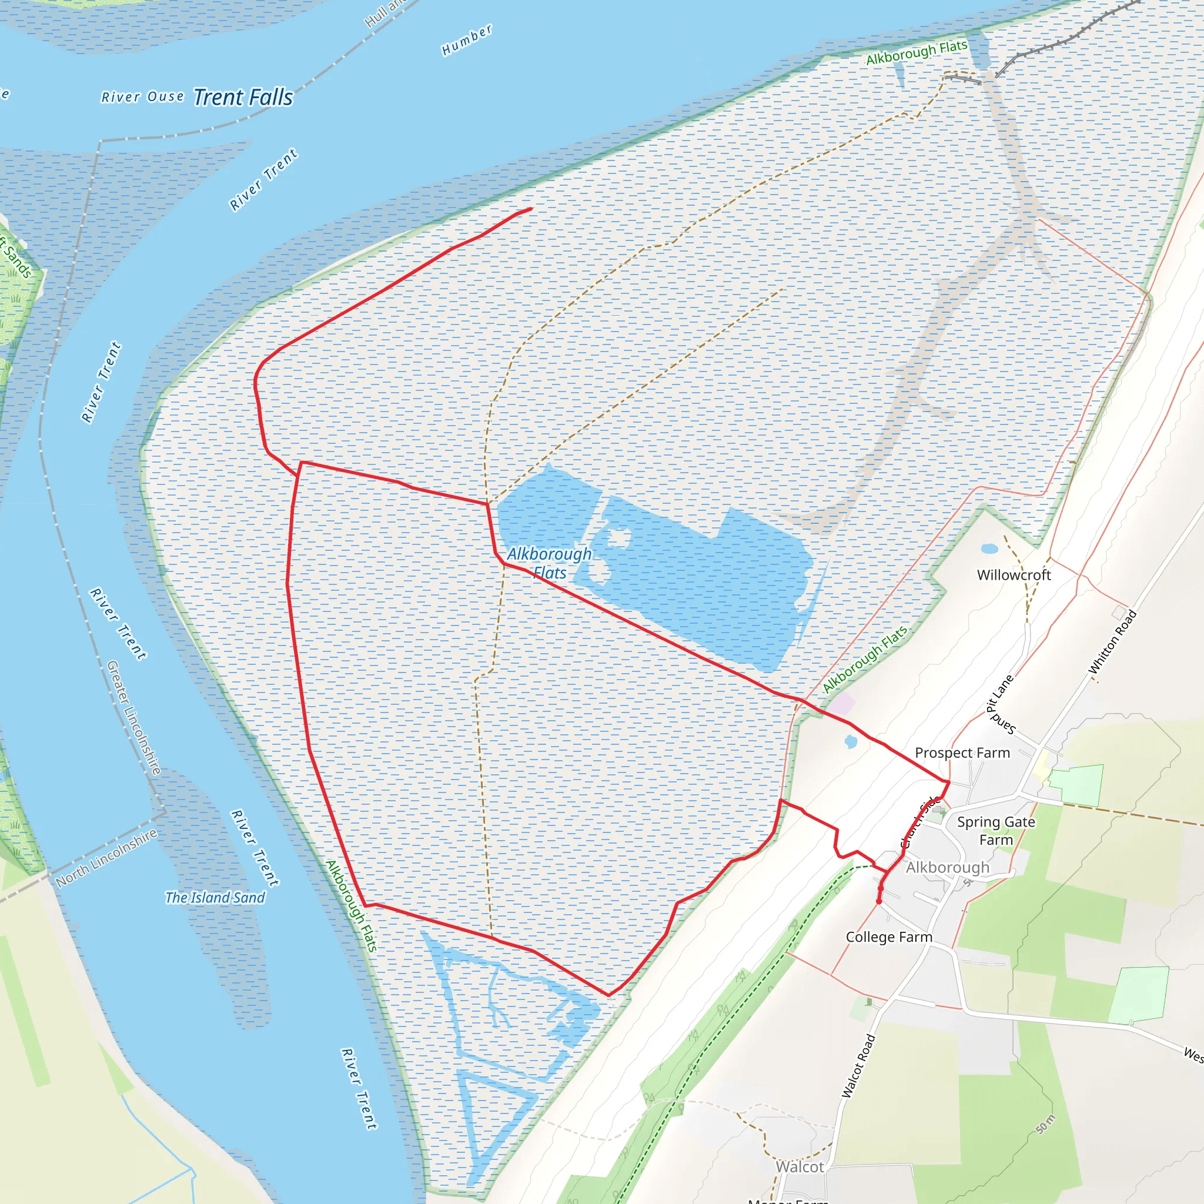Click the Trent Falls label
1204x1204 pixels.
pyautogui.click(x=243, y=97)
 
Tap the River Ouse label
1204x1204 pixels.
pyautogui.click(x=143, y=97)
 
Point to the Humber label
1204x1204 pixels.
pyautogui.click(x=467, y=41)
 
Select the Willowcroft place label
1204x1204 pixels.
pyautogui.click(x=1014, y=575)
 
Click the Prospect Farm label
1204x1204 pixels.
pyautogui.click(x=962, y=753)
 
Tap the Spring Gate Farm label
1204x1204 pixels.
pyautogui.click(x=996, y=831)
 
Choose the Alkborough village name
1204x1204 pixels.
pyautogui.click(x=947, y=868)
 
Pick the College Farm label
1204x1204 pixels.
pyautogui.click(x=889, y=937)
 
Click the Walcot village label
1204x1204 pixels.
pyautogui.click(x=800, y=1166)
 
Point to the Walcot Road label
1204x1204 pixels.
pyautogui.click(x=859, y=1066)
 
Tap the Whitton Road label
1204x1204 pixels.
pyautogui.click(x=1112, y=642)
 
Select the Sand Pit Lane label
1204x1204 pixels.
pyautogui.click(x=1000, y=704)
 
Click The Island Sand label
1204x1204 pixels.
pyautogui.click(x=215, y=897)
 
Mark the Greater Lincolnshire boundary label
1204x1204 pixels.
pyautogui.click(x=134, y=717)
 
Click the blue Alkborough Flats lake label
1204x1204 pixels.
pyautogui.click(x=549, y=563)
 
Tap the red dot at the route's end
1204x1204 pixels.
pyautogui.click(x=879, y=901)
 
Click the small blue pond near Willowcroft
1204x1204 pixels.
pyautogui.click(x=989, y=549)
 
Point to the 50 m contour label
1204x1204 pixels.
pyautogui.click(x=1046, y=1125)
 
